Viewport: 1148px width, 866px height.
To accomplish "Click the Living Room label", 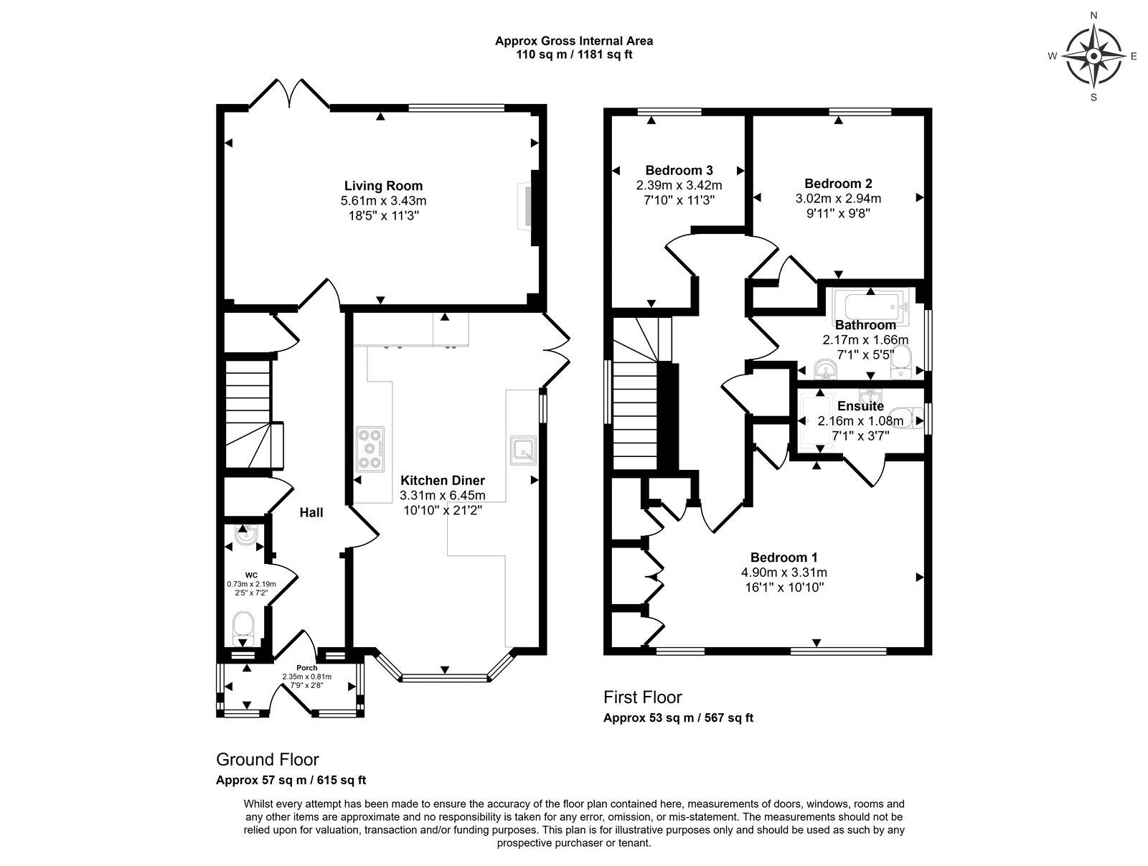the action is click(x=383, y=186).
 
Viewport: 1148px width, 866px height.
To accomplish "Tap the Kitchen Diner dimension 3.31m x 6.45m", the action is click(x=443, y=495).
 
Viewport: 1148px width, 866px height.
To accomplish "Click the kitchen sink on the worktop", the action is click(x=524, y=451).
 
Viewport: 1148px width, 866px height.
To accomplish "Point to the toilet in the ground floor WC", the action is click(x=243, y=629).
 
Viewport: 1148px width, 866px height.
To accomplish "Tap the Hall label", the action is click(x=311, y=512).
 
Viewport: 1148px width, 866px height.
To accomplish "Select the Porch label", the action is click(x=307, y=668).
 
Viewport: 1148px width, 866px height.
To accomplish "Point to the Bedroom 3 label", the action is click(x=679, y=170).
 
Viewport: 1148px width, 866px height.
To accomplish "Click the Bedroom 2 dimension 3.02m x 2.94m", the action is click(x=838, y=198).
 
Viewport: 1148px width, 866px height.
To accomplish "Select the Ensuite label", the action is click(x=860, y=406).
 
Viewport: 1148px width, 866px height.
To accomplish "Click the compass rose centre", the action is click(x=1093, y=56).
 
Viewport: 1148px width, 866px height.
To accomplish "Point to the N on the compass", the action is click(x=1093, y=16).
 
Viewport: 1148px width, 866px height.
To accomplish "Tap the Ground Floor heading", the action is click(x=267, y=759).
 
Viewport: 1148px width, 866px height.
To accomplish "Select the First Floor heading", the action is click(x=643, y=697).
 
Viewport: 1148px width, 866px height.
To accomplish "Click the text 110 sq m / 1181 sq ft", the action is click(x=574, y=55).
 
